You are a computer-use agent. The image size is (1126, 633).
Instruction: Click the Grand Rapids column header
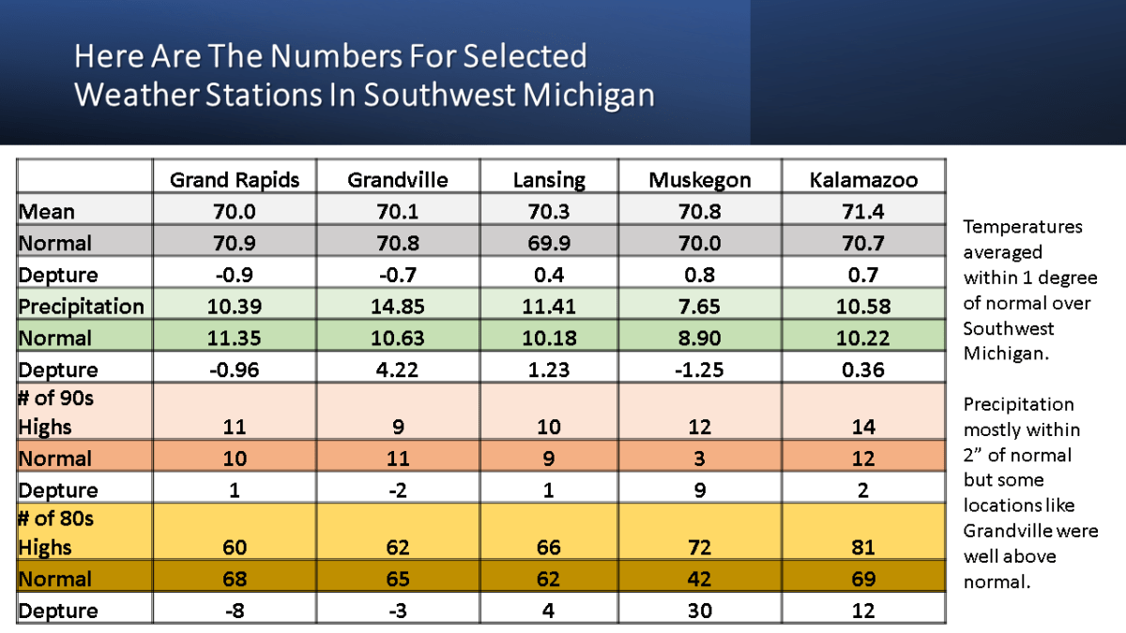[x=235, y=179]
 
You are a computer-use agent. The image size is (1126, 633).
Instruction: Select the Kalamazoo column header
[x=863, y=179]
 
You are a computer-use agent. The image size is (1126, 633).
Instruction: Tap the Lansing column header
[x=549, y=179]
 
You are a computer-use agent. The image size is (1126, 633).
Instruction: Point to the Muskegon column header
[x=699, y=179]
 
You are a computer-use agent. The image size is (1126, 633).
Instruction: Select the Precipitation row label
[x=81, y=307]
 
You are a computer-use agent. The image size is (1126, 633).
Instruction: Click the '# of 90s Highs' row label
[x=56, y=413]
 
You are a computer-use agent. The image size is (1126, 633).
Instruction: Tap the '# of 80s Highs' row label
[x=56, y=533]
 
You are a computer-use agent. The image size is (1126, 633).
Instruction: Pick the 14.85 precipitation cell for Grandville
[x=398, y=307]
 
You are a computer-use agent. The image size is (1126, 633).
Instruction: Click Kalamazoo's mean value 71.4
[x=863, y=212]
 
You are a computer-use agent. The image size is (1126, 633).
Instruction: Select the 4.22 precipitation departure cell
[x=398, y=369]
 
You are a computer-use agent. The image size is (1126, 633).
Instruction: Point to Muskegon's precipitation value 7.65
[x=699, y=307]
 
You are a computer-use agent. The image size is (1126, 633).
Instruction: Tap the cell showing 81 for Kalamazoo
[x=863, y=548]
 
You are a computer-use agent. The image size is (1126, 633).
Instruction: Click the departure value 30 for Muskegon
[x=699, y=610]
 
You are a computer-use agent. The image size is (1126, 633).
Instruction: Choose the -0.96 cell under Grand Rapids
[x=235, y=369]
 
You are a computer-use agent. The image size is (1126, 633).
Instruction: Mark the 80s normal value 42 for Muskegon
[x=699, y=579]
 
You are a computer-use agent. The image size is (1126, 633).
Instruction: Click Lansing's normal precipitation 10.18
[x=549, y=339]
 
